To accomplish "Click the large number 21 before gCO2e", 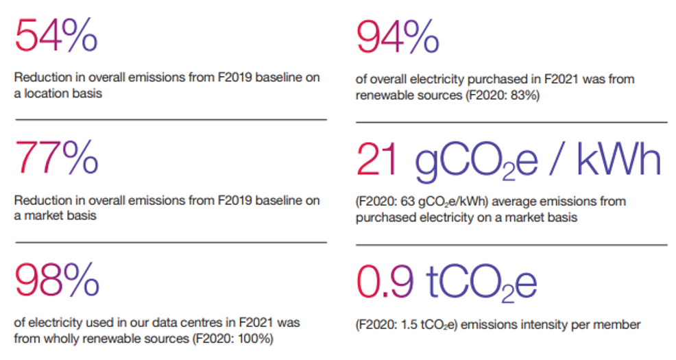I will [377, 160].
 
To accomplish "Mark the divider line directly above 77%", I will [171, 119].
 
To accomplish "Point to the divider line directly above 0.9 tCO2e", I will [511, 245].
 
